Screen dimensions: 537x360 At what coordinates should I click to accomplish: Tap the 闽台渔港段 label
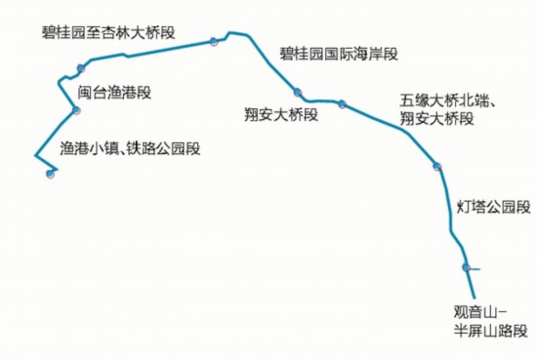tap(114, 93)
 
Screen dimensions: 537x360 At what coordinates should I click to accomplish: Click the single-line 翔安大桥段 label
tap(281, 115)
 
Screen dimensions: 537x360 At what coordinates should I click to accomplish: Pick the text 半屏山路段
tap(475, 330)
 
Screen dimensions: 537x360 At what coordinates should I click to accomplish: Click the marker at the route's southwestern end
tap(50, 175)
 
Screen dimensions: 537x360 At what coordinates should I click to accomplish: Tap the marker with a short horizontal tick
tap(467, 268)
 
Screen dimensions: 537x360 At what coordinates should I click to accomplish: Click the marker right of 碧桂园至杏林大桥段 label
tap(213, 41)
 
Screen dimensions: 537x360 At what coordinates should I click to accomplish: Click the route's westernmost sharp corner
tap(35, 154)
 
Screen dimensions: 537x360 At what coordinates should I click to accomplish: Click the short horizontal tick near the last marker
tap(475, 268)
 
